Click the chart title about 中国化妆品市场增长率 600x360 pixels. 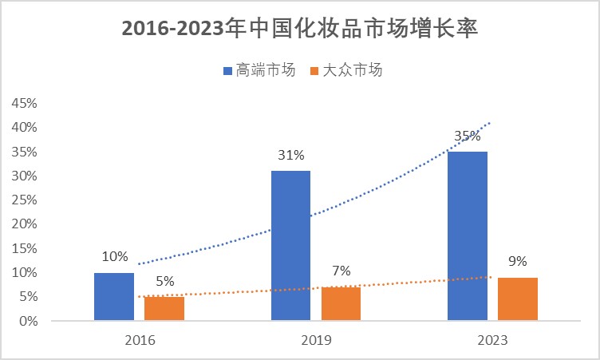pyautogui.click(x=300, y=30)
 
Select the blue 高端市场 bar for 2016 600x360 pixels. pyautogui.click(x=114, y=297)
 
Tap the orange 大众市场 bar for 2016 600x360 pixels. pyautogui.click(x=164, y=309)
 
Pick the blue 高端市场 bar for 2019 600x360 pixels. pyautogui.click(x=290, y=246)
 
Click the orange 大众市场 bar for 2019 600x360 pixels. pyautogui.click(x=341, y=304)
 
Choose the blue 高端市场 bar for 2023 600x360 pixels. pyautogui.click(x=468, y=236)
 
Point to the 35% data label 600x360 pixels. pyautogui.click(x=467, y=136)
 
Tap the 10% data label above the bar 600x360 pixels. pyautogui.click(x=115, y=257)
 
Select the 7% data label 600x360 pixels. pyautogui.click(x=341, y=271)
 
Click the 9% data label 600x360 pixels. pyautogui.click(x=518, y=261)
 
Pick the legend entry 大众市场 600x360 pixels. pyautogui.click(x=352, y=70)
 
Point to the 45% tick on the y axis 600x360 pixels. pyautogui.click(x=23, y=103)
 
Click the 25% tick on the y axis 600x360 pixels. pyautogui.click(x=23, y=200)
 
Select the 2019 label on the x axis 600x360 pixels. pyautogui.click(x=317, y=340)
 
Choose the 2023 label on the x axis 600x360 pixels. pyautogui.click(x=493, y=340)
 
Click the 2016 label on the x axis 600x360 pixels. pyautogui.click(x=140, y=340)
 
